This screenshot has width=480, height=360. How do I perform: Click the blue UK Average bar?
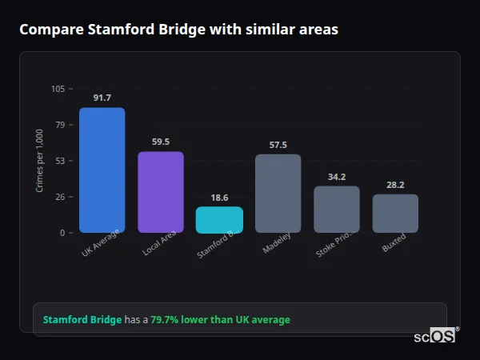click(x=102, y=170)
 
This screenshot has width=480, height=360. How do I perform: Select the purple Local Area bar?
click(x=161, y=192)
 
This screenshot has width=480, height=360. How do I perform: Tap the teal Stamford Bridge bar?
click(x=219, y=220)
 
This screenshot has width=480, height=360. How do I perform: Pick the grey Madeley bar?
click(x=278, y=194)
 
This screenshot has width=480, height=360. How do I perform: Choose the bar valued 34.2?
click(x=337, y=210)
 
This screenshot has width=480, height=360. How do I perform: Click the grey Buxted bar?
click(x=395, y=214)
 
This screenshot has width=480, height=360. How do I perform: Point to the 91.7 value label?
click(x=102, y=98)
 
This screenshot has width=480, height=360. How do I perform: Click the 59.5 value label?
click(x=161, y=142)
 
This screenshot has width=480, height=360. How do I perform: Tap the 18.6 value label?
click(x=219, y=197)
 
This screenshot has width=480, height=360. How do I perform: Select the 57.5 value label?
click(x=278, y=145)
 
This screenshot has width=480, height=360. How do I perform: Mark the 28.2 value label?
click(x=395, y=185)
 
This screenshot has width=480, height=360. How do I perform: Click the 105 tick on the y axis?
click(x=58, y=89)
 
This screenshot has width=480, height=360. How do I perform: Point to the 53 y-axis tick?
click(x=60, y=161)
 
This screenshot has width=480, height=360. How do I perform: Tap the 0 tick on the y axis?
click(x=62, y=233)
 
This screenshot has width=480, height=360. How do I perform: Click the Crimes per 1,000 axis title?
click(x=39, y=161)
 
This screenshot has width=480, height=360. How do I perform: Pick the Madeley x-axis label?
click(x=278, y=242)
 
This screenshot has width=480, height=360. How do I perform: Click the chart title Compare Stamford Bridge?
click(x=178, y=30)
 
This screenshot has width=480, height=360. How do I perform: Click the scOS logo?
click(x=435, y=336)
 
